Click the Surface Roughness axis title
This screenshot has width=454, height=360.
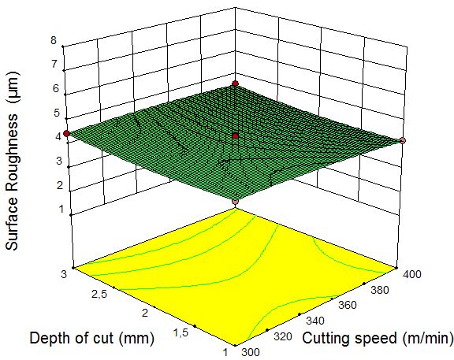tap(13, 161)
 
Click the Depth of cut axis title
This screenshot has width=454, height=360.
tap(91, 338)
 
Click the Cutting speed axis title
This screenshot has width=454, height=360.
tap(378, 338)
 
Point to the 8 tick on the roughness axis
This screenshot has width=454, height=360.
tap(54, 40)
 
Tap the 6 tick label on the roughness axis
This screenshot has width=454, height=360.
tap(56, 88)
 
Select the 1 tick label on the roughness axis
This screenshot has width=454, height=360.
tap(61, 209)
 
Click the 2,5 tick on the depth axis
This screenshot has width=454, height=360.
tap(99, 295)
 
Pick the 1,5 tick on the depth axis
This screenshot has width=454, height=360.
tap(181, 332)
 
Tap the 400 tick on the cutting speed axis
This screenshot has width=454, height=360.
tap(412, 274)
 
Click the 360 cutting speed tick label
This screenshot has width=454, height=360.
tap(348, 305)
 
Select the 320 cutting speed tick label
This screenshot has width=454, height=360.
tap(283, 336)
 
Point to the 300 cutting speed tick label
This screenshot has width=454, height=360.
tap(251, 352)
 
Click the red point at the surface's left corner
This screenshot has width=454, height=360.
tap(66, 133)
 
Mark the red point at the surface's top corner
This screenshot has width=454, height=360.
tap(236, 84)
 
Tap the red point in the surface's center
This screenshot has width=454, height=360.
tap(236, 136)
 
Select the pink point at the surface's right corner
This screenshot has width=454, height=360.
tap(403, 141)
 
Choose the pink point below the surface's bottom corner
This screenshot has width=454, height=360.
tap(236, 202)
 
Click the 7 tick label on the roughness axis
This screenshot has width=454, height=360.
tap(54, 64)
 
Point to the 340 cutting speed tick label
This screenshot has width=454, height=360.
tap(315, 321)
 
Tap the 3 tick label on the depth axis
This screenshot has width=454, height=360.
tap(64, 274)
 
